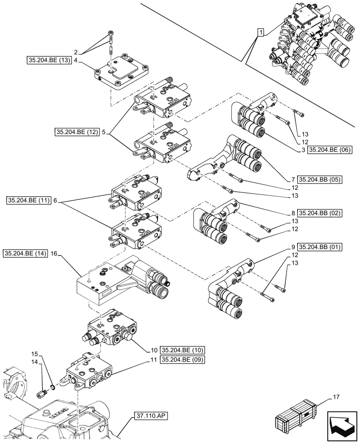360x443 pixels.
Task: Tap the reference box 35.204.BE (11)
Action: (29, 201)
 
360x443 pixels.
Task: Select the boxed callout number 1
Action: (261, 32)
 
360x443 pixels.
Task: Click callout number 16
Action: (54, 253)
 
